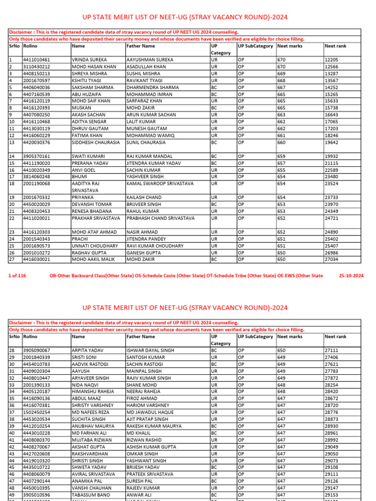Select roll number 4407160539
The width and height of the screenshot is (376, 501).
click(x=36, y=94)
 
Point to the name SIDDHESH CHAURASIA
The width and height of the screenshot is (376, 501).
click(x=95, y=142)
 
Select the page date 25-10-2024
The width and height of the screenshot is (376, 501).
click(x=351, y=276)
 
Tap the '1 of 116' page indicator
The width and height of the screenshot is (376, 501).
click(x=18, y=276)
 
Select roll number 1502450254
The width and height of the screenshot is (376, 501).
click(x=36, y=412)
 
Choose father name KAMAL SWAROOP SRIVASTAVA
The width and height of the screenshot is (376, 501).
click(x=160, y=183)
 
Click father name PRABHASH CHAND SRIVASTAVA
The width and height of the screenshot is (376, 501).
click(x=161, y=218)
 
